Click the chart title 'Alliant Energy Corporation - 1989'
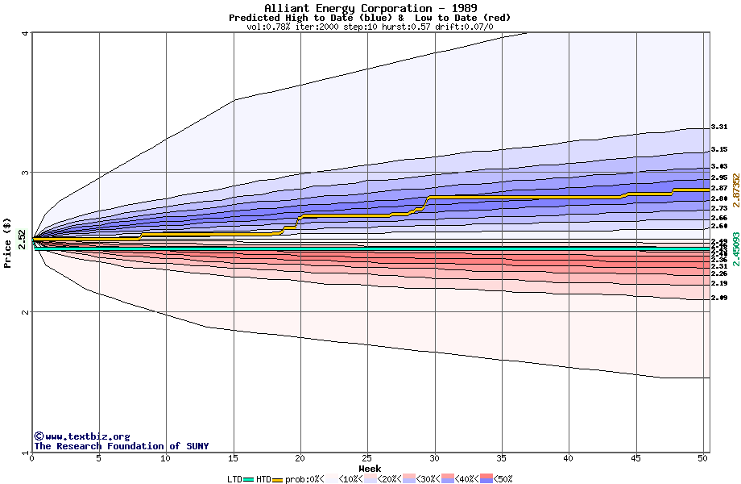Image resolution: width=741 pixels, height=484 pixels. [370, 8]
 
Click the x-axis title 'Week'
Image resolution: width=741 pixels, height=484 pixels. [370, 469]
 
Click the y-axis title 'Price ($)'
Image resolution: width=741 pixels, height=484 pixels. [7, 243]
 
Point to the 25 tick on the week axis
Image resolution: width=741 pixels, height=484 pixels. [367, 458]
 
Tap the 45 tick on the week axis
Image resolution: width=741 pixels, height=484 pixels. [636, 458]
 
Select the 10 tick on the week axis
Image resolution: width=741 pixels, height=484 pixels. [166, 458]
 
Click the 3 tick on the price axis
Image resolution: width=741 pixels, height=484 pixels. [25, 173]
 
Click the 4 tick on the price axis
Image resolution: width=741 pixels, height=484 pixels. [25, 33]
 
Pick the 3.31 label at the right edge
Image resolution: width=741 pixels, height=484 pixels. [719, 127]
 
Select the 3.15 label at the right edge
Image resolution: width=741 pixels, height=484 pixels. [719, 149]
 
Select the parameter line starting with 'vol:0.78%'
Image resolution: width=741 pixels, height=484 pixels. [370, 27]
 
